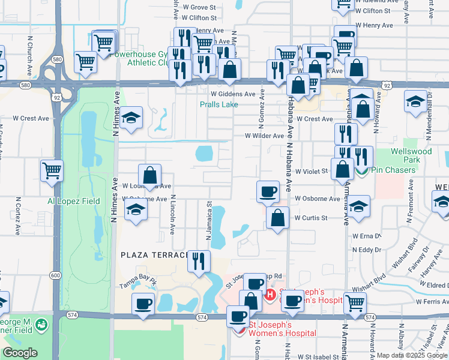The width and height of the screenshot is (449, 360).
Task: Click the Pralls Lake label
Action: tap(219, 104)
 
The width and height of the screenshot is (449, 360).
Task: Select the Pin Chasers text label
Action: tap(393, 170)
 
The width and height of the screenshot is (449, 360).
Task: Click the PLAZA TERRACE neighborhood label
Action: tap(155, 255)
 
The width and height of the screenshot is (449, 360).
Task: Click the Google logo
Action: tap(20, 353)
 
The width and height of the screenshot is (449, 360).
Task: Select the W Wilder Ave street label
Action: tap(264, 136)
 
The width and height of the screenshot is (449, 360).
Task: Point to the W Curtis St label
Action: tap(310, 218)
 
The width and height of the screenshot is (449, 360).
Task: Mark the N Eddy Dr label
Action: tap(367, 249)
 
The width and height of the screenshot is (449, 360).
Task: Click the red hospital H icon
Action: tap(270, 295)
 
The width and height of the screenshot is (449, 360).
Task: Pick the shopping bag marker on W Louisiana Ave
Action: tap(149, 176)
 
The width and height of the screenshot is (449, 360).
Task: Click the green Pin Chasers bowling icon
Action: tap(361, 172)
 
